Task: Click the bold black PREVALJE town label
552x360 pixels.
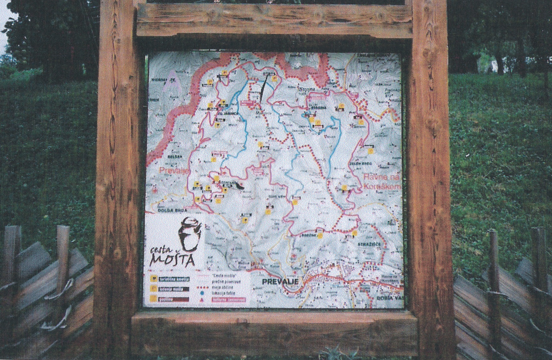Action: point(280,281)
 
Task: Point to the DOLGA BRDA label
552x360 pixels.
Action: point(167,211)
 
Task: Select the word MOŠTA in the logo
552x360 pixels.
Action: point(173,260)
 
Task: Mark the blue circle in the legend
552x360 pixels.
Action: point(202,293)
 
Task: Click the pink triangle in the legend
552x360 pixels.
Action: point(202,300)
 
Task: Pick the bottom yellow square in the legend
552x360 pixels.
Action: point(152,298)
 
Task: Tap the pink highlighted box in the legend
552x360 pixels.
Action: point(229,299)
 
